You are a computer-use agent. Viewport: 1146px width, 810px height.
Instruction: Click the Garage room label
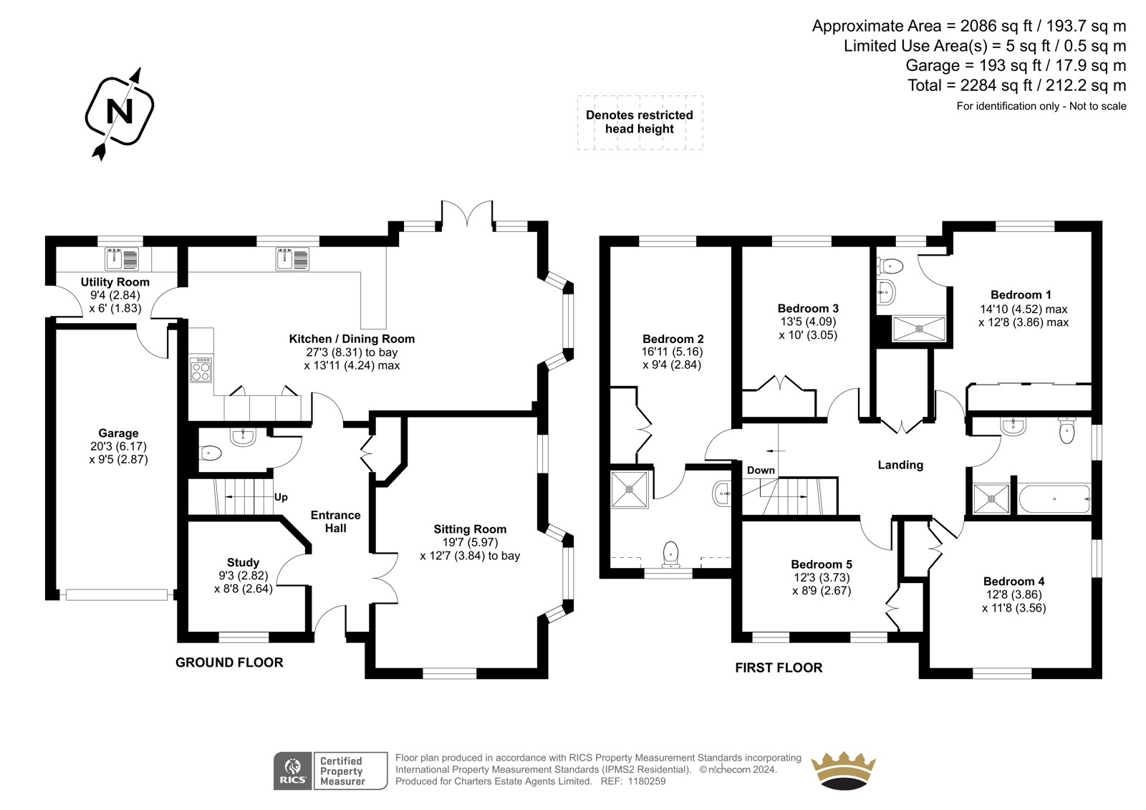click(118, 433)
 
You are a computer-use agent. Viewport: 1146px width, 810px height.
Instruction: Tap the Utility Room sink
click(122, 259)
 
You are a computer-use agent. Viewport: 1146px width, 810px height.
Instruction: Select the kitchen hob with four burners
click(201, 370)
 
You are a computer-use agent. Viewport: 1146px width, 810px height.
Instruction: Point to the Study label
click(243, 562)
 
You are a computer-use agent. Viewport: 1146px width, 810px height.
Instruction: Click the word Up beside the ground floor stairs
click(281, 497)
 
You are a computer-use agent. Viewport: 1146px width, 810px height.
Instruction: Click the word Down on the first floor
click(761, 471)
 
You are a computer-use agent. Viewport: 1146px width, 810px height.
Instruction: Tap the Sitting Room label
click(470, 529)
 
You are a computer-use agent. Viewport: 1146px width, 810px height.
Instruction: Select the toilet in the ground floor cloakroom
click(211, 453)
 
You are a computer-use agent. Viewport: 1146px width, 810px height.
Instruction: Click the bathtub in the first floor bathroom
click(1054, 498)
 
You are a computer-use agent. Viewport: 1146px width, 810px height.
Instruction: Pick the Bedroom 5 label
click(822, 564)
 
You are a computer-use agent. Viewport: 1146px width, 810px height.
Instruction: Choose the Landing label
click(900, 465)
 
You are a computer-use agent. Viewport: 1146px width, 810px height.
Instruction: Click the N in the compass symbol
click(120, 110)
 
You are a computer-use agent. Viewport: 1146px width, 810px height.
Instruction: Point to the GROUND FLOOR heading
click(229, 662)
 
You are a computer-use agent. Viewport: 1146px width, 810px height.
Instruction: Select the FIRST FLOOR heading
click(779, 667)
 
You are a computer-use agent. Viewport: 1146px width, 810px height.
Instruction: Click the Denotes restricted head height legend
click(640, 122)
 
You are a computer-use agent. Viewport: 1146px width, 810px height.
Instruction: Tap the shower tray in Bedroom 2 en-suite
click(630, 489)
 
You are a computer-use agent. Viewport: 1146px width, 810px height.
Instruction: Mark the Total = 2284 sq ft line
click(1016, 85)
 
